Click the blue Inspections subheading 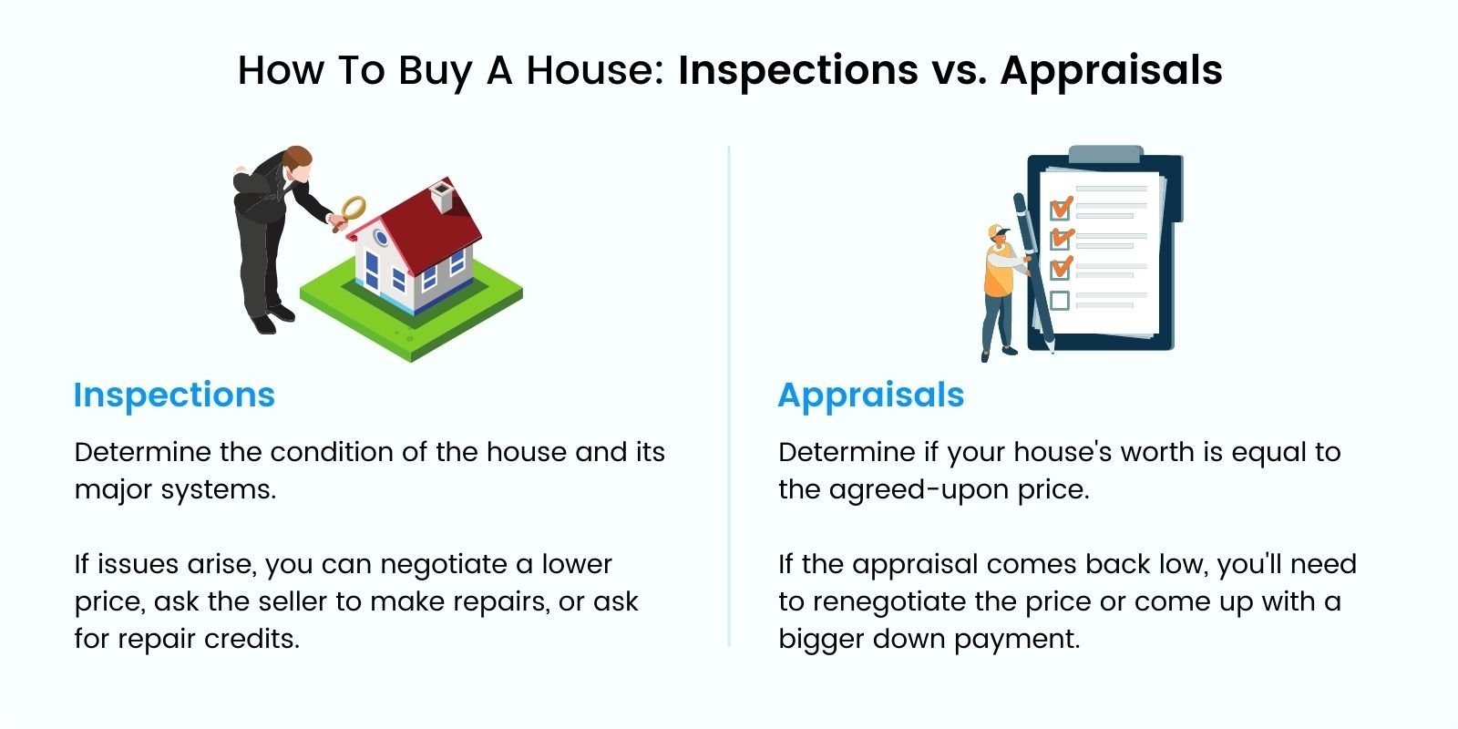174,395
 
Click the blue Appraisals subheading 871,396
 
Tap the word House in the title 595,70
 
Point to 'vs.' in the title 959,70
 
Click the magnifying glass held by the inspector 352,210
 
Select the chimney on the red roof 443,197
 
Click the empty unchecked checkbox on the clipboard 1060,301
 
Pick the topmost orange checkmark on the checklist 1062,208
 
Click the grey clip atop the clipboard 1105,154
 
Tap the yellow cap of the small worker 997,231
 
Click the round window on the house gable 381,237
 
